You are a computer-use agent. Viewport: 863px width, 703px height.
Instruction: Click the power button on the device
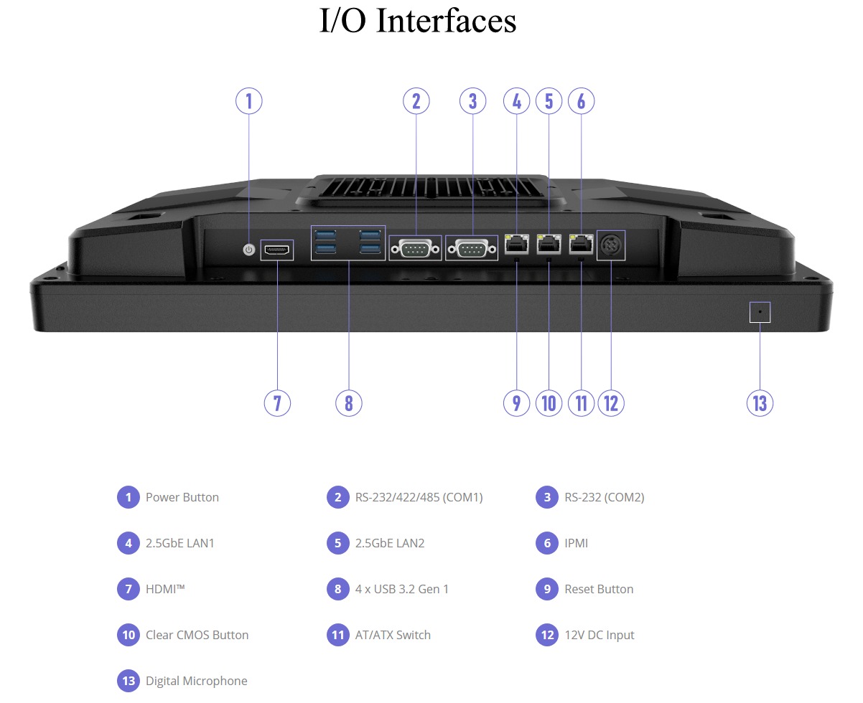[x=249, y=250]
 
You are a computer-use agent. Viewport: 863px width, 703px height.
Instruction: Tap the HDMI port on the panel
[x=276, y=250]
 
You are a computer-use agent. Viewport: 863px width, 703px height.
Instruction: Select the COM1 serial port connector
[x=415, y=249]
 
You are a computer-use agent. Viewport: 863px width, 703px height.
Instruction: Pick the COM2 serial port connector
[x=472, y=249]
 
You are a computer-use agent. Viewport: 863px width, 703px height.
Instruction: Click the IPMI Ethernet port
[x=581, y=243]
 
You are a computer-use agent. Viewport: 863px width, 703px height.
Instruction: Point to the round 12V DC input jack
[x=611, y=245]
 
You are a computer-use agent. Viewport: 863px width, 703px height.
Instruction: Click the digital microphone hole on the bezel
[x=760, y=312]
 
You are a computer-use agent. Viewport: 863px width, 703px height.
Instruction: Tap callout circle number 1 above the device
[x=249, y=100]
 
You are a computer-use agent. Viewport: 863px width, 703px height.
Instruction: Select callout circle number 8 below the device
[x=349, y=402]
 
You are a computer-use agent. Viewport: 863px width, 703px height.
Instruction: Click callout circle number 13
[x=760, y=402]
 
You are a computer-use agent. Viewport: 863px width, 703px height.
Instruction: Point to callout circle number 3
[x=472, y=100]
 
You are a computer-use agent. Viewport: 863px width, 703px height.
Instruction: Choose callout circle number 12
[x=611, y=402]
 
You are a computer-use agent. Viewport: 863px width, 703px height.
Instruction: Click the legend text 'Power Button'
[x=182, y=497]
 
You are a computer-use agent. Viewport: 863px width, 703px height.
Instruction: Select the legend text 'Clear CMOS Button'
[x=197, y=635]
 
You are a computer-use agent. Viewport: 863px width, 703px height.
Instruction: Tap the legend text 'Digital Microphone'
[x=196, y=681]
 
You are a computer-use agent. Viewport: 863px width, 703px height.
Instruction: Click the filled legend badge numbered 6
[x=547, y=543]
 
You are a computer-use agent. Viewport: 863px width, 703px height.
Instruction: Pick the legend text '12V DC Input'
[x=600, y=635]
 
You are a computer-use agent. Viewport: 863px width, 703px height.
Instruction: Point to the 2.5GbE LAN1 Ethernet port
[x=516, y=243]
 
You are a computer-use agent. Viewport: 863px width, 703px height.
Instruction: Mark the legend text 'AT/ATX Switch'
[x=393, y=635]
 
